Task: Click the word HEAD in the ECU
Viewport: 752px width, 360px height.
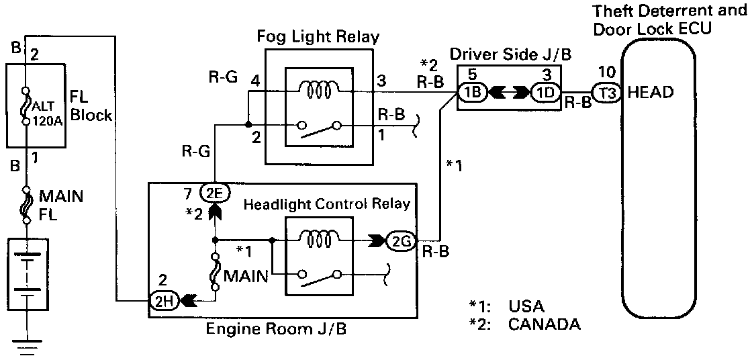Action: (650, 93)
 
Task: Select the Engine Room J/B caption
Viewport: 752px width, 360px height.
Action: (280, 330)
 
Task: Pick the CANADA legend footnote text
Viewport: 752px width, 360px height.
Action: (544, 325)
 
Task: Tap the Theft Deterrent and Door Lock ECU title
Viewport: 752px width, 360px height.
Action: (668, 19)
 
